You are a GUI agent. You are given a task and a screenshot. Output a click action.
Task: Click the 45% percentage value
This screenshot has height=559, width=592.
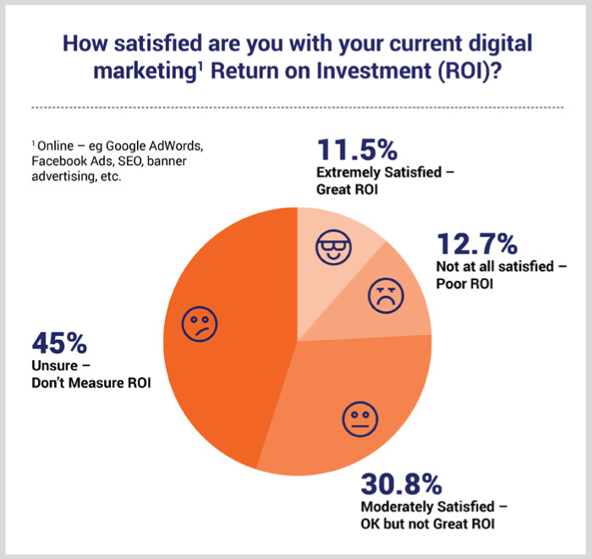pyautogui.click(x=59, y=344)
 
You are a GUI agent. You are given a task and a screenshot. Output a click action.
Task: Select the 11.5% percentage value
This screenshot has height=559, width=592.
pyautogui.click(x=356, y=151)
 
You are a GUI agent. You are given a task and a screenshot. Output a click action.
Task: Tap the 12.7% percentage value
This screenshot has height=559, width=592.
pyautogui.click(x=476, y=244)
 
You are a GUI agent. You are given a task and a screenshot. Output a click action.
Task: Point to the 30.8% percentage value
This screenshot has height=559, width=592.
pyautogui.click(x=402, y=485)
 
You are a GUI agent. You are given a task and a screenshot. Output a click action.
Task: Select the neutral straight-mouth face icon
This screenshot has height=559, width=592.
pyautogui.click(x=360, y=420)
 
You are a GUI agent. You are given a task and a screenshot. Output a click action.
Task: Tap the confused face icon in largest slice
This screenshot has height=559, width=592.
pyautogui.click(x=200, y=323)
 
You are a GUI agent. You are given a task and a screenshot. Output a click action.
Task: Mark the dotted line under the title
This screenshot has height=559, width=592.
pyautogui.click(x=296, y=107)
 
